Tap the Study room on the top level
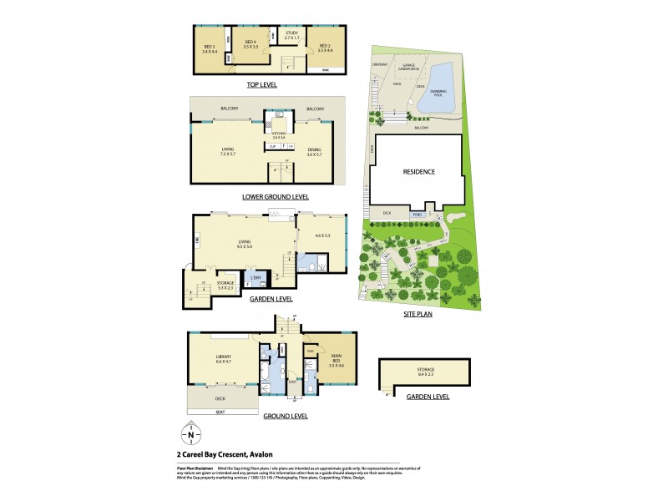(291, 38)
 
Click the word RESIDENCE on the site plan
(419, 172)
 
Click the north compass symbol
(191, 434)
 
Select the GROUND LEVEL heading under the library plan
(286, 415)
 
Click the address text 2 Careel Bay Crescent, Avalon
(231, 454)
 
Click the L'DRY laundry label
(257, 277)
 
